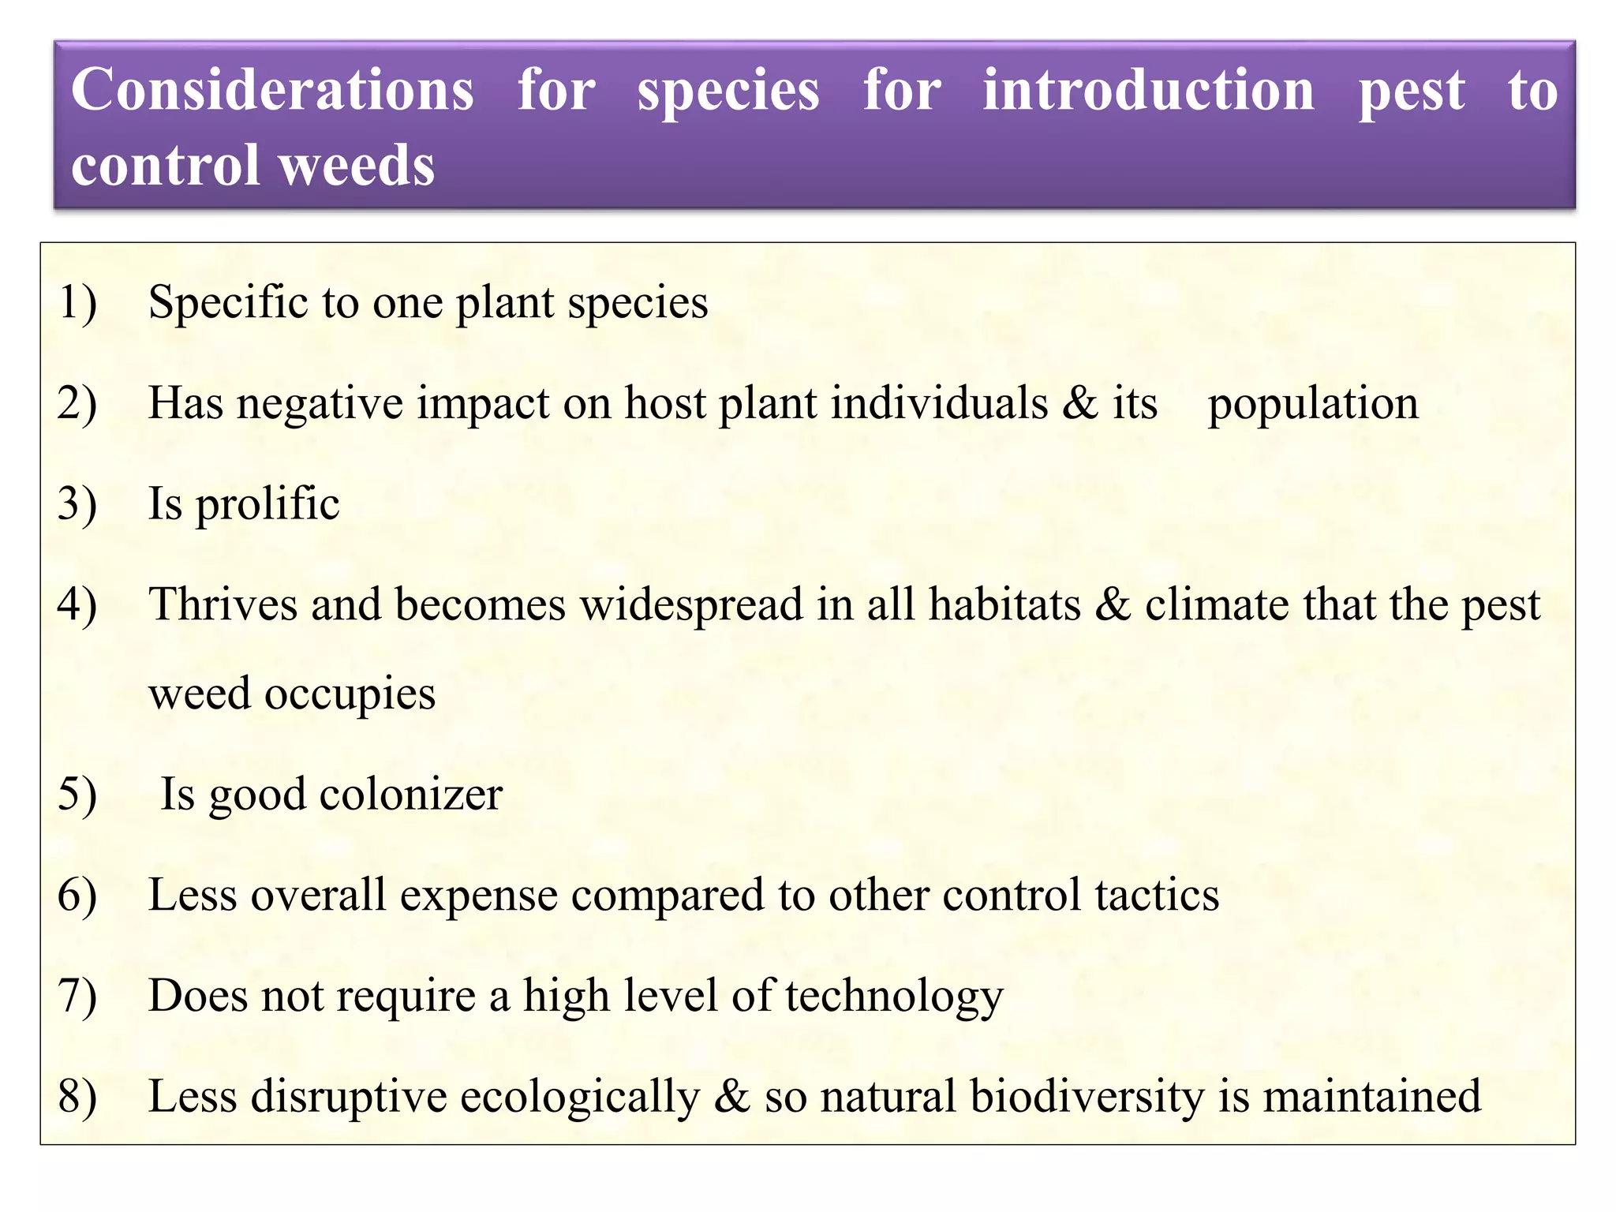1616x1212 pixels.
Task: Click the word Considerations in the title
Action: coord(272,90)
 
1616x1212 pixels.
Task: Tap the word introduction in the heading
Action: coord(1148,90)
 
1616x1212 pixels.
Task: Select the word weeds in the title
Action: coord(357,166)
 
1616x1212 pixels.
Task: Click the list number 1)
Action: coord(77,302)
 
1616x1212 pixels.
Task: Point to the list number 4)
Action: coord(77,605)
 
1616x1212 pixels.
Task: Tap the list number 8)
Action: coord(77,1097)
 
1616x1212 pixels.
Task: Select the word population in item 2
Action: coord(1313,404)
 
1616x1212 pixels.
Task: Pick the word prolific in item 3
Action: coord(267,505)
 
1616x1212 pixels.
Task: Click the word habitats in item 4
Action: coord(1004,605)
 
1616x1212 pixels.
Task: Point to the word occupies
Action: coord(350,695)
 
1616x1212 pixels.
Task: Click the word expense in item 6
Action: coord(479,896)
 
